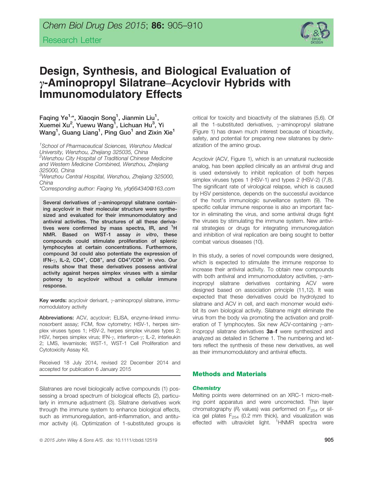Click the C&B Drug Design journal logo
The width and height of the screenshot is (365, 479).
(x=315, y=32)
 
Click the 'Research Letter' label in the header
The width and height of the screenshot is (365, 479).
(x=72, y=40)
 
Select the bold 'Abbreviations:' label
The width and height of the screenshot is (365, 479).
(x=56, y=318)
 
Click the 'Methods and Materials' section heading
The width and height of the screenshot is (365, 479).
(x=229, y=374)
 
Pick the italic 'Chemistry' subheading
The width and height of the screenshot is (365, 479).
(x=206, y=388)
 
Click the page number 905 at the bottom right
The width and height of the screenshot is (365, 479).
(x=329, y=440)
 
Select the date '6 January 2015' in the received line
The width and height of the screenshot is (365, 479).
(x=113, y=369)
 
